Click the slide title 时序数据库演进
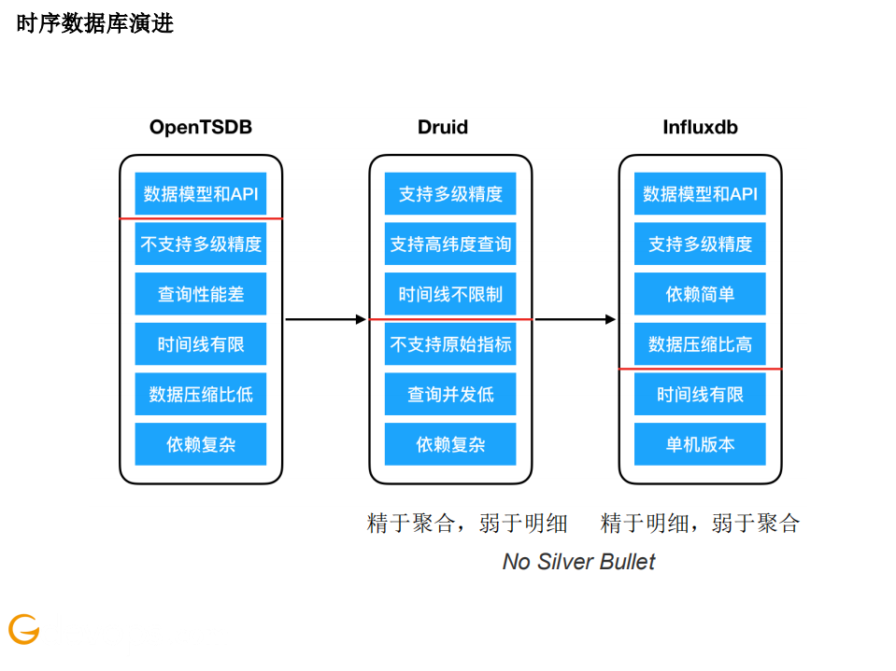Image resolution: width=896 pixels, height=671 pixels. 94,24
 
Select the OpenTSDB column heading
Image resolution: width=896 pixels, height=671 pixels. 201,127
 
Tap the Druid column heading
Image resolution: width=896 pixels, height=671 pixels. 443,127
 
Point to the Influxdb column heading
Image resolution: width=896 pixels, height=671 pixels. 700,127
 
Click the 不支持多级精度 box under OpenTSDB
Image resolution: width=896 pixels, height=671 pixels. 201,245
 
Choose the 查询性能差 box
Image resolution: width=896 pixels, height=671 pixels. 201,294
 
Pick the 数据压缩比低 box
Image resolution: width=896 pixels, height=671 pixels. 201,394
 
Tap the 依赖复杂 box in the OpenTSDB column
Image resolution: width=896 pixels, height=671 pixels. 201,444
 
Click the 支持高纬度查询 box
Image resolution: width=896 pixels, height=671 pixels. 450,245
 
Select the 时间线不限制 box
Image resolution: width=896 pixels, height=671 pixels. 450,294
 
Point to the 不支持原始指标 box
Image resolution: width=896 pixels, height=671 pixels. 450,344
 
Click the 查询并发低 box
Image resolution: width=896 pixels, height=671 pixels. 450,394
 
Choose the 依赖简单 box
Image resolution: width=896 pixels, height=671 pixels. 700,294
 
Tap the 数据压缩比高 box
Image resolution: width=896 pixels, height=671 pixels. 700,344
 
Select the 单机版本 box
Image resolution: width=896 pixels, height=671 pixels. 700,444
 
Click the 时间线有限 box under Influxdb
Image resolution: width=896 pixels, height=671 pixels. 700,394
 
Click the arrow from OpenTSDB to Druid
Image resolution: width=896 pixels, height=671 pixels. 325,319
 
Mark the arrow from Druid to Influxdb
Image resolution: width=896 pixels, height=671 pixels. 575,319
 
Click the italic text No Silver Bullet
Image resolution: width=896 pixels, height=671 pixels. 578,562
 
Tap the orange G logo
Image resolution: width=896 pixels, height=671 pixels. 24,629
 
